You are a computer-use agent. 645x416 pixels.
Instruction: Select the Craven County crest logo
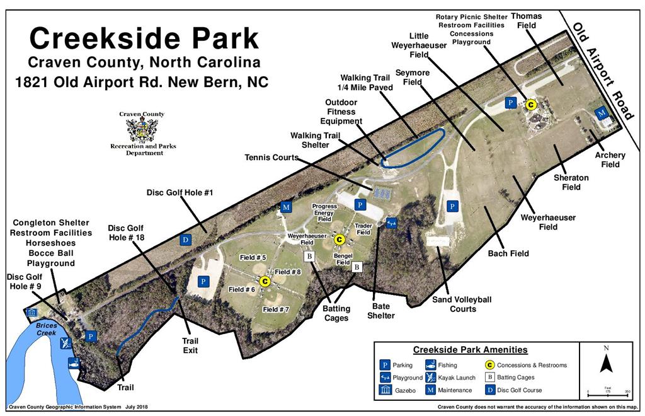[x=142, y=130]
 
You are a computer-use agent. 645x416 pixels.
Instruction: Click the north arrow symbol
[x=605, y=363]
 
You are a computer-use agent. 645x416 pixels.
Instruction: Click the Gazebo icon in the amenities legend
[x=385, y=390]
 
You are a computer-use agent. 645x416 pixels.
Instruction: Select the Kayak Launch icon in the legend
[x=431, y=378]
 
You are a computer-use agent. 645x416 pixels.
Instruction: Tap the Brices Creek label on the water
[x=46, y=329]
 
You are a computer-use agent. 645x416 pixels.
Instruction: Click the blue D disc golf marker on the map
[x=186, y=240]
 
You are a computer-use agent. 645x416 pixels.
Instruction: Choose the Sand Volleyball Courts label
[x=462, y=304]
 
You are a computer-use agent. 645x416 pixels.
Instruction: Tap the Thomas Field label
[x=527, y=21]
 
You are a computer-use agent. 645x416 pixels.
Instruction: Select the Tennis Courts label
[x=271, y=158]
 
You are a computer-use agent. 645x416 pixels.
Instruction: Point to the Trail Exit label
[x=190, y=345]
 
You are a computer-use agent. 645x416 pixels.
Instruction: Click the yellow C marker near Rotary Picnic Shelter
[x=531, y=105]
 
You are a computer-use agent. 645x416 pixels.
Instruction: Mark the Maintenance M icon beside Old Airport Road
[x=602, y=113]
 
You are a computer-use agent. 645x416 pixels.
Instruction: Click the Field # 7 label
[x=276, y=309]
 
